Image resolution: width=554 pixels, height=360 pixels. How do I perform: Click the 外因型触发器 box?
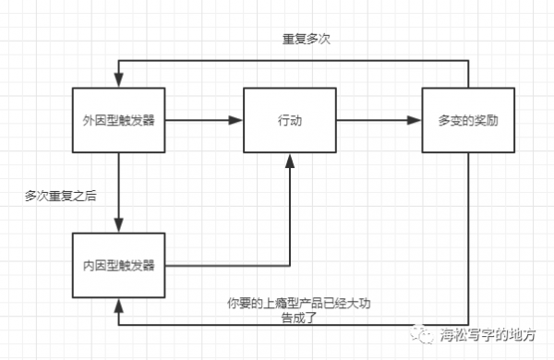click(118, 121)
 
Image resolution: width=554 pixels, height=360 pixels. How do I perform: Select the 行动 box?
click(289, 121)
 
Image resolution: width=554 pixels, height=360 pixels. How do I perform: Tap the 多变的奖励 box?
click(467, 121)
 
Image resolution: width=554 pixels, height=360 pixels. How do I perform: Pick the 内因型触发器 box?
click(118, 265)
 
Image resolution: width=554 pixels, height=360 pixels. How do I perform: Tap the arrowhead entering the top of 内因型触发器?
click(118, 227)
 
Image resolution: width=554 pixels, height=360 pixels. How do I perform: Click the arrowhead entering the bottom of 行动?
click(289, 161)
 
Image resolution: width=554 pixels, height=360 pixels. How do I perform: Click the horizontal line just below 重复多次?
click(295, 57)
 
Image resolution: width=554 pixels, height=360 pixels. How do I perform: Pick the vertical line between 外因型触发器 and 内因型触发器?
click(118, 189)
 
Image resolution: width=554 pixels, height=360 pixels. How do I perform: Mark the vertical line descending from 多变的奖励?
click(467, 240)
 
